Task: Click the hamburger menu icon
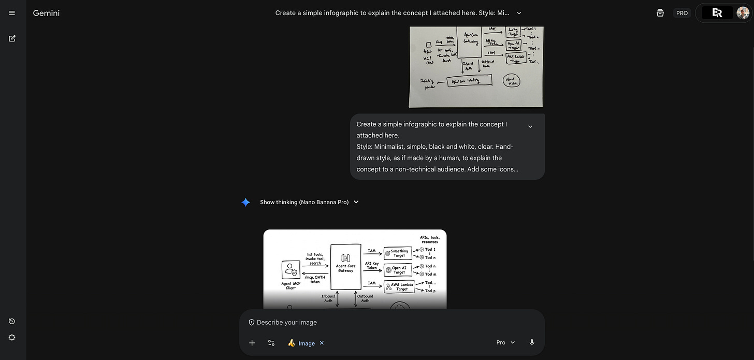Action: [x=12, y=13]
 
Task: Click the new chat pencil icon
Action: [x=12, y=38]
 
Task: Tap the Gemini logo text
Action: [x=46, y=13]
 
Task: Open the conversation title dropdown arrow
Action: [x=519, y=13]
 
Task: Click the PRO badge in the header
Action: [x=682, y=13]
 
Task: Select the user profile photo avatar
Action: [x=743, y=13]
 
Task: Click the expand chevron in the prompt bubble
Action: [x=530, y=126]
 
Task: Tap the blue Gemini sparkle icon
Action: [x=246, y=202]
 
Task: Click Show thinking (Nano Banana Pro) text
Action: [x=304, y=202]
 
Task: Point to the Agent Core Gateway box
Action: [x=345, y=267]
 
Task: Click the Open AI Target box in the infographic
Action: [x=398, y=270]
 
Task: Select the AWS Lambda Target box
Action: [x=399, y=286]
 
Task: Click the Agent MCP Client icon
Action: [x=291, y=270]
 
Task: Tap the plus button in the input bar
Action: [x=252, y=343]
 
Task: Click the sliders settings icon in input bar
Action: [x=271, y=343]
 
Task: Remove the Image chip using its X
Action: [x=322, y=343]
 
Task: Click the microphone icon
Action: [x=532, y=342]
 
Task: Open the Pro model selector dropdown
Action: [x=505, y=342]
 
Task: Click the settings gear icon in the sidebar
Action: [x=12, y=337]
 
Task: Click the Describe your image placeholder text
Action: [x=286, y=322]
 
